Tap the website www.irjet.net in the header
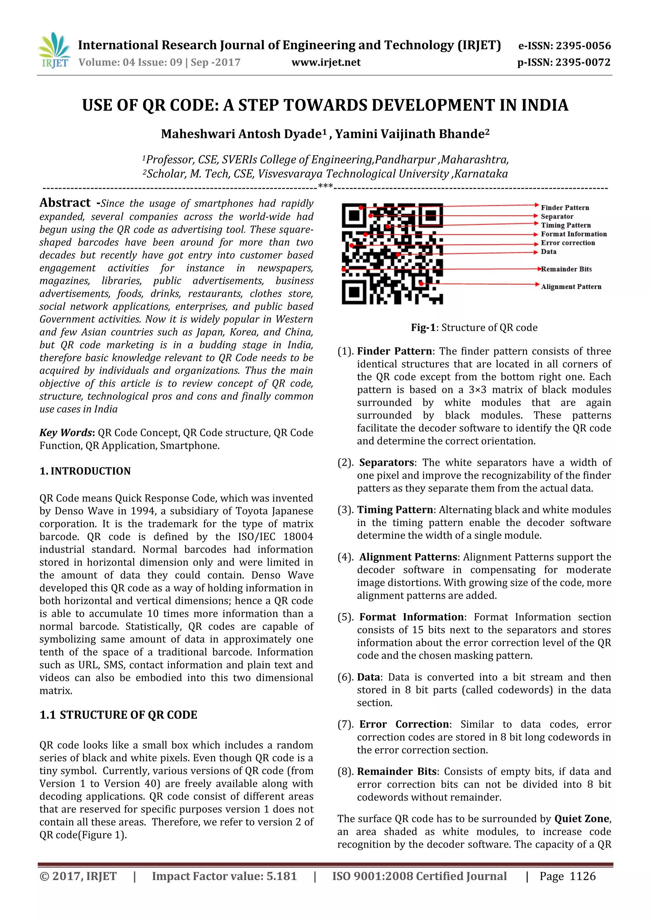326,63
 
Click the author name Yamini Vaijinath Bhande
412,134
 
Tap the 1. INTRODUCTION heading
85,471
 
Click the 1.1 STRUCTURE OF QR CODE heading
118,715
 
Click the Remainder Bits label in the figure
566,269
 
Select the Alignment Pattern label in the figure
571,287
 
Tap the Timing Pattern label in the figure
565,225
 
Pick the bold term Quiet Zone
582,819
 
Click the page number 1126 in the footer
582,876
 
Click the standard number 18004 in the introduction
298,537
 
